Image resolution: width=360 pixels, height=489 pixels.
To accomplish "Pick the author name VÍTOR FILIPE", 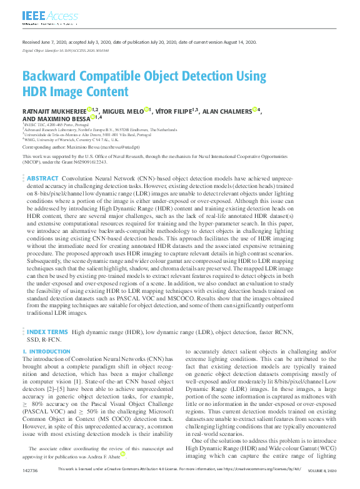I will (x=172, y=111).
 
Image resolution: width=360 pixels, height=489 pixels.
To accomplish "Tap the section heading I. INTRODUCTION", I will (x=47, y=352).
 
